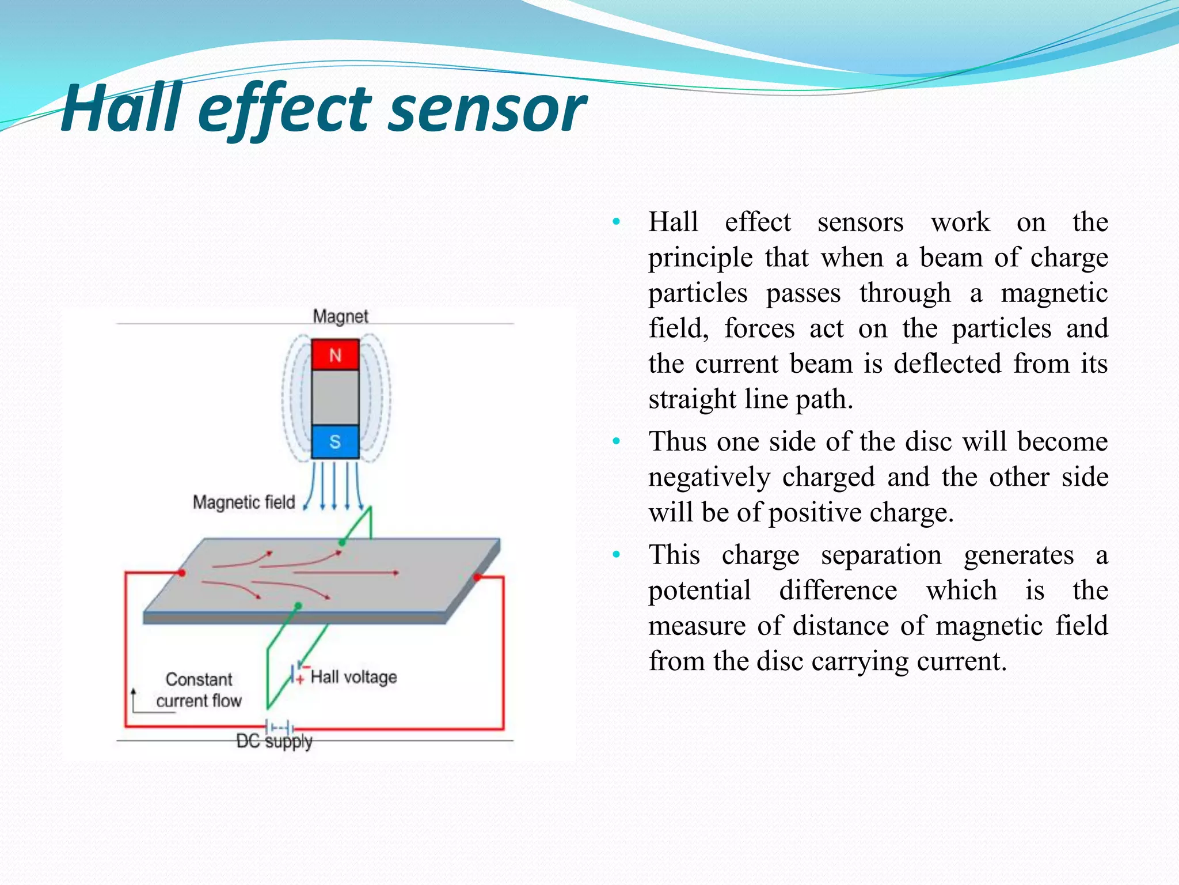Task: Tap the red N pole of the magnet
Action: click(x=335, y=355)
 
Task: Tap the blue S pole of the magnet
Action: click(x=335, y=442)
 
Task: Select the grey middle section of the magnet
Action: click(x=335, y=398)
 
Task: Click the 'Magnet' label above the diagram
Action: click(x=340, y=316)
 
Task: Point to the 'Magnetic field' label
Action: click(x=244, y=502)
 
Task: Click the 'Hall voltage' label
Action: click(x=353, y=677)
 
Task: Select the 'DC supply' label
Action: click(x=274, y=741)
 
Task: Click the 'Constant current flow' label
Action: click(x=199, y=690)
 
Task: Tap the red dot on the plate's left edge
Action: click(x=182, y=573)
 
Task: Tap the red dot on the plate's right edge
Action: click(x=477, y=577)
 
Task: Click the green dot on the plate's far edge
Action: click(x=342, y=543)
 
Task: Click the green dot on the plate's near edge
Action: click(x=298, y=606)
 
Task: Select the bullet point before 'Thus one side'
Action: click(x=617, y=442)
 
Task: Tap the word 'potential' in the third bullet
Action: click(x=699, y=591)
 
